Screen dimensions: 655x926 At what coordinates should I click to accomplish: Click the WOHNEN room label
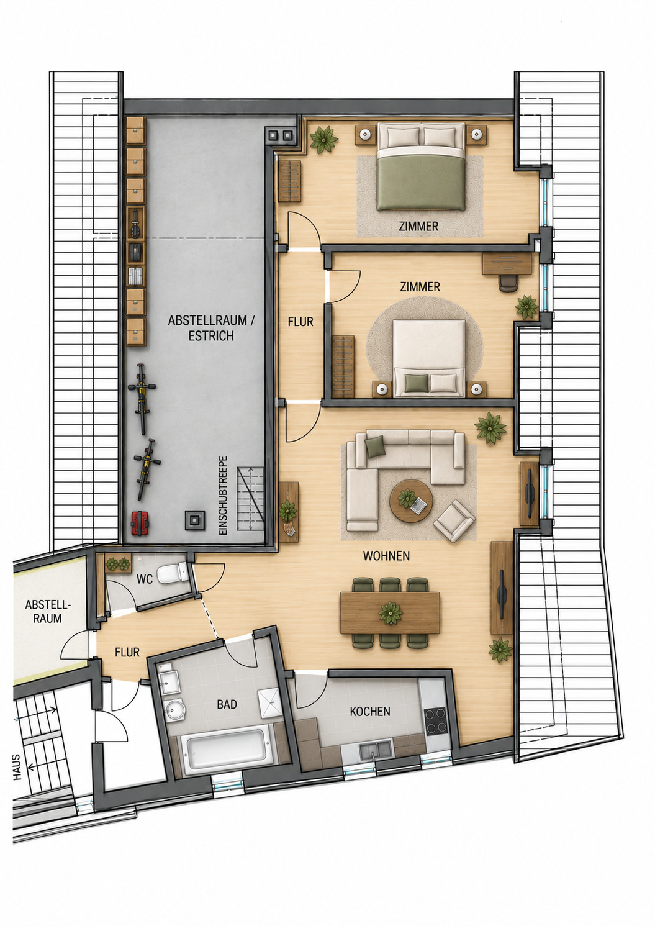tap(386, 556)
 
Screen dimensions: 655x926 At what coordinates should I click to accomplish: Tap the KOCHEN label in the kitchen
tap(370, 712)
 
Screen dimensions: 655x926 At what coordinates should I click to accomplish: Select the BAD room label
tap(227, 704)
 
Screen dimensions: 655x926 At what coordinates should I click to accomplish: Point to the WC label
tap(145, 579)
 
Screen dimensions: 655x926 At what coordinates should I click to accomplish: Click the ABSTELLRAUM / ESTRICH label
tap(211, 328)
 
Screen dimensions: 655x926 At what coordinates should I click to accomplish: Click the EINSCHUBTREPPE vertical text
tap(223, 496)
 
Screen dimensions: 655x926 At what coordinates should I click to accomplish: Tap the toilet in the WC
tap(173, 573)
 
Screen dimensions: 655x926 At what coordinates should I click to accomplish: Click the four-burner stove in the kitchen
tap(436, 721)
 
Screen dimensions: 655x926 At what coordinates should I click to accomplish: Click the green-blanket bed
tap(421, 166)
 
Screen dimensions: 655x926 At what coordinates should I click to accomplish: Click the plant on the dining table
tap(391, 613)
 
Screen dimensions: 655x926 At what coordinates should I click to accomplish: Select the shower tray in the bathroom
tap(270, 703)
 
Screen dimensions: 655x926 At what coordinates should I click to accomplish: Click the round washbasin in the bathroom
tap(175, 710)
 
